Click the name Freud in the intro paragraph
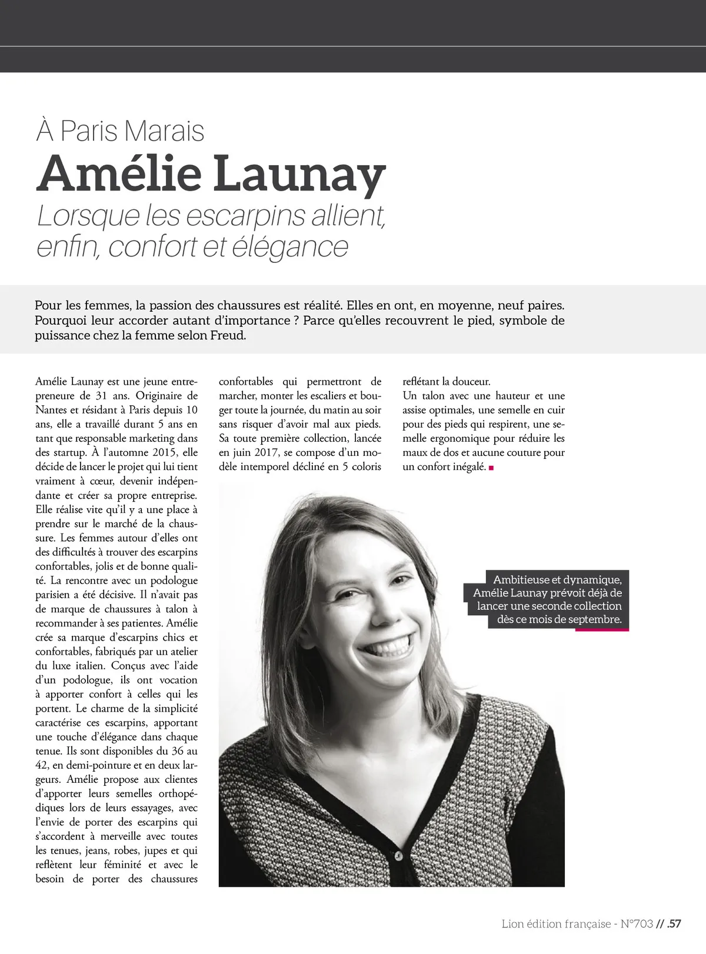227,336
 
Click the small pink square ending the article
491,468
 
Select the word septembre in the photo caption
594,619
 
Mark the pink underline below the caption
602,630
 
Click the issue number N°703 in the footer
637,923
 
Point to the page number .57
674,923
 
